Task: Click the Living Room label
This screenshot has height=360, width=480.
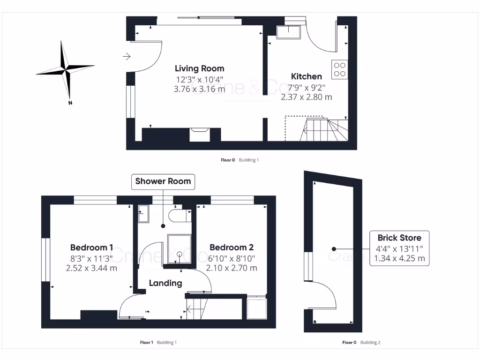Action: (199, 68)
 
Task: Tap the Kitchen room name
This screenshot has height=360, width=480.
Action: (306, 76)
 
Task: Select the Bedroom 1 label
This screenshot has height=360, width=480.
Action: (91, 247)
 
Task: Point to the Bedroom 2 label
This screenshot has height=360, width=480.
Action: (232, 247)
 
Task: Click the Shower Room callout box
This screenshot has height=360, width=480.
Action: (163, 181)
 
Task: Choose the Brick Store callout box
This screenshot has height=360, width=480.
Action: (399, 248)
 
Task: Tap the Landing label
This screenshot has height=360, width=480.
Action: (165, 283)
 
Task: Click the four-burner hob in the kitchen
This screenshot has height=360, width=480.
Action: (339, 69)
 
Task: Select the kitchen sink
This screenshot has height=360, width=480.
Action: (288, 32)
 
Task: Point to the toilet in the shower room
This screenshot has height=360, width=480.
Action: (180, 216)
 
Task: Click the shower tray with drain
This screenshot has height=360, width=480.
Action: (180, 249)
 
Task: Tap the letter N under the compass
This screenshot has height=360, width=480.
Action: (70, 103)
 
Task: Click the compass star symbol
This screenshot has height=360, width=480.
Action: (65, 70)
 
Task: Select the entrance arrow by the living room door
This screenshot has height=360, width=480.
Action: (127, 56)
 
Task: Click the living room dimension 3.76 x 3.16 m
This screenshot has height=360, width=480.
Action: (199, 89)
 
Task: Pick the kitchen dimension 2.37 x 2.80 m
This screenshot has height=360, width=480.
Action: (307, 97)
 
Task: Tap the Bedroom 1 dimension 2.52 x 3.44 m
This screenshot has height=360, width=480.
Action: (91, 268)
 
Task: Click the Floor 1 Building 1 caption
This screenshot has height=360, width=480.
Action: (158, 342)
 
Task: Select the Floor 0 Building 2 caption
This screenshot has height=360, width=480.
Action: (361, 342)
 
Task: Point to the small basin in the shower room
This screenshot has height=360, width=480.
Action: (143, 214)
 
